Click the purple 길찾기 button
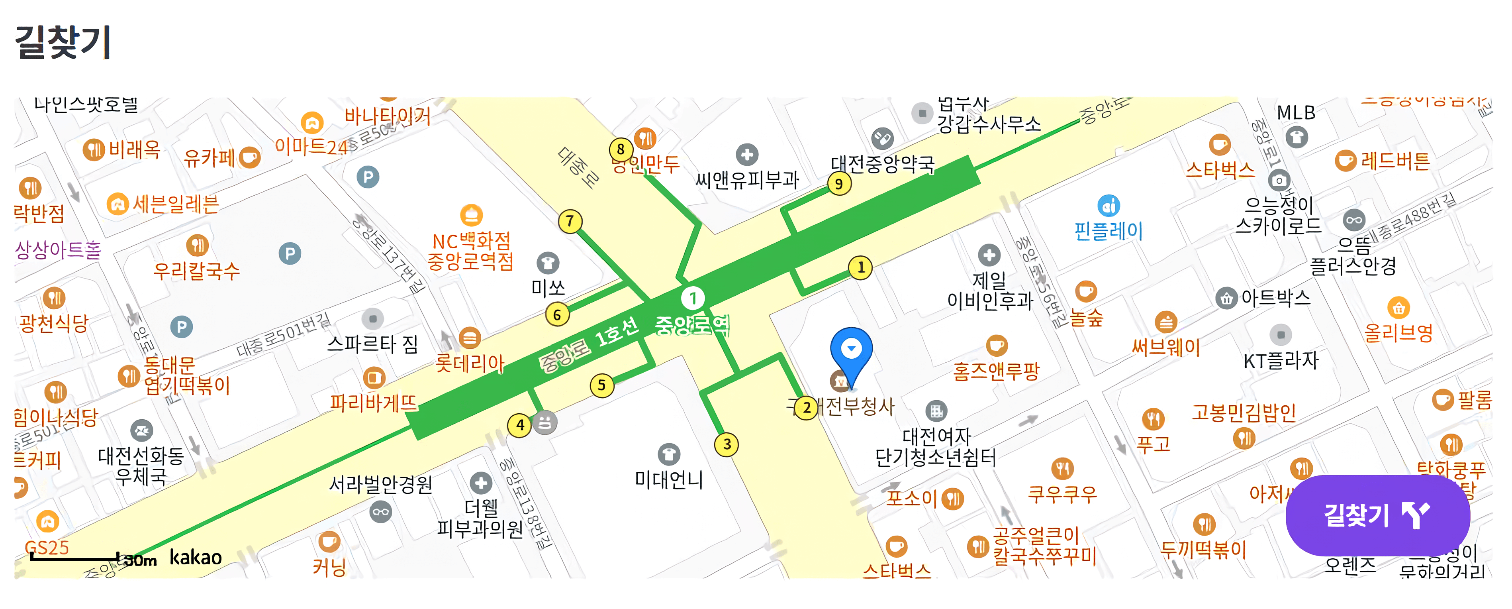(1377, 515)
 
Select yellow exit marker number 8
(621, 149)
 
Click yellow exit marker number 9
(839, 184)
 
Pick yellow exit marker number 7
(569, 222)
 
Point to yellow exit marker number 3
(727, 444)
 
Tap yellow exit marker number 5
(601, 385)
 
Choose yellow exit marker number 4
(519, 424)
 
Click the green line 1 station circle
(693, 299)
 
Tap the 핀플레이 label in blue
(1108, 231)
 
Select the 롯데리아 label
(470, 363)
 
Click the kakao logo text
(196, 557)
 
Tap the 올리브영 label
(1398, 333)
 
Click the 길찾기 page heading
(63, 42)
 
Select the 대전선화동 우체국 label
(141, 465)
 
